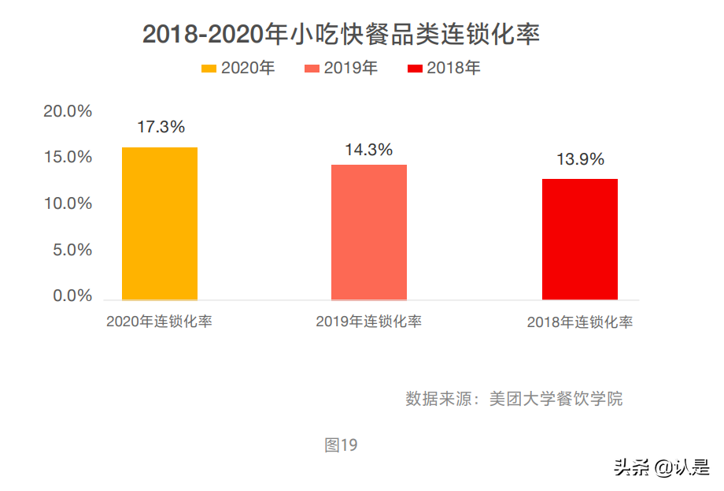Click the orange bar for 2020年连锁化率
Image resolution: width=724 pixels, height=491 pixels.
coord(160,223)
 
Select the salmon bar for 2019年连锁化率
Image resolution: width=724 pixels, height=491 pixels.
coord(369,232)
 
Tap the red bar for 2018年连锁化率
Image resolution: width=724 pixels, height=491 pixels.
coord(580,239)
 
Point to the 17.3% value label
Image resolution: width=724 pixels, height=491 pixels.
coord(161,126)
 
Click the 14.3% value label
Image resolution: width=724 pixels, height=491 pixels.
coord(369,150)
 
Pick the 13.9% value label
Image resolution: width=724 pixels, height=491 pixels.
coord(581,159)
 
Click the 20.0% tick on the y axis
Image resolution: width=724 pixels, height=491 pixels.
coord(68,111)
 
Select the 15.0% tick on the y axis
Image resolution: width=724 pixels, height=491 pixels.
coord(68,157)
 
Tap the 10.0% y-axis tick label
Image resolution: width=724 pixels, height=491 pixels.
coord(68,203)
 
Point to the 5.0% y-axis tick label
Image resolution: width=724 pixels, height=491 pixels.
coord(72,250)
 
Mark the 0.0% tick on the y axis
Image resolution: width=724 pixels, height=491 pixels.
coord(72,296)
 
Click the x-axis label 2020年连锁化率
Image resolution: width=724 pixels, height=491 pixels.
coord(160,322)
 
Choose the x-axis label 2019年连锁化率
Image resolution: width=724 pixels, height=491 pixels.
coord(369,322)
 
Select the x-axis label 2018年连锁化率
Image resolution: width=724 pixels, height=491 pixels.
coord(580,322)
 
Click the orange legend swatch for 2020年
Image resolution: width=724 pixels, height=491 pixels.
coord(209,69)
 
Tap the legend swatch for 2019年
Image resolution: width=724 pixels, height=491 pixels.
coord(312,69)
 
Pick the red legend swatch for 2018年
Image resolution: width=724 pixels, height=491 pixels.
coord(416,69)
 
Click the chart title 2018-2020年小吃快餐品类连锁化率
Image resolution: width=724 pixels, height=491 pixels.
coord(341,35)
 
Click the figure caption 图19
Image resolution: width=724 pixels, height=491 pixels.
coord(341,445)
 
